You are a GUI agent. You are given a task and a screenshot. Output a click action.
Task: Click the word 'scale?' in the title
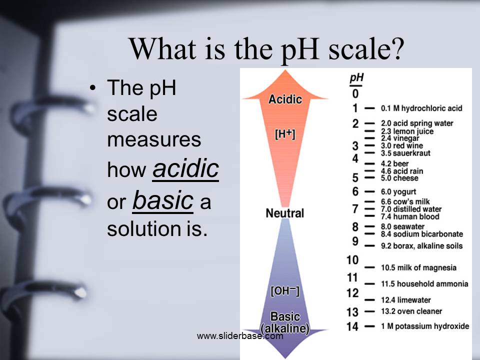(x=366, y=49)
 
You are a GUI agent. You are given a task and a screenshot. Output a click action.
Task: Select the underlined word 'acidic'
(x=185, y=168)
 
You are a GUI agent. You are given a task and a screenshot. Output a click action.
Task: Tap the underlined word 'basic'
(x=163, y=200)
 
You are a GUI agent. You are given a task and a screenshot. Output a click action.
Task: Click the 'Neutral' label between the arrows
(x=284, y=213)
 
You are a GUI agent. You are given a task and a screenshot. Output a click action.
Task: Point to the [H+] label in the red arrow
(x=285, y=134)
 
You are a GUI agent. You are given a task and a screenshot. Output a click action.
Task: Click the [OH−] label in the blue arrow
(x=285, y=291)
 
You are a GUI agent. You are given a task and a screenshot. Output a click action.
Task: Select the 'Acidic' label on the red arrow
(x=285, y=99)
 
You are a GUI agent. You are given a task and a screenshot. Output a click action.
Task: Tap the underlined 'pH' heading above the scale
(x=356, y=78)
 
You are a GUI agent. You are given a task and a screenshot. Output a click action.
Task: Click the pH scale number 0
(x=355, y=93)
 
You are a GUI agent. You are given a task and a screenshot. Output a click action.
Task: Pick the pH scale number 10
(x=352, y=260)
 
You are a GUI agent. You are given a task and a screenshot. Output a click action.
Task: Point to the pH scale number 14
(x=352, y=326)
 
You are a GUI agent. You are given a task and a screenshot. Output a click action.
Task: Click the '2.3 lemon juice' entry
(x=407, y=131)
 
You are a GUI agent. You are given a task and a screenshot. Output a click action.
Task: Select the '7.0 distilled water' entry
(x=411, y=209)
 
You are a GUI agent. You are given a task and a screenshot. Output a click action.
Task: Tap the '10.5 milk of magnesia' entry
(x=418, y=267)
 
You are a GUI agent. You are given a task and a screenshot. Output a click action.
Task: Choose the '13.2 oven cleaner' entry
(x=411, y=311)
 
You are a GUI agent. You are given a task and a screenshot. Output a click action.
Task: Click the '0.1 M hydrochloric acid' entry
(x=421, y=108)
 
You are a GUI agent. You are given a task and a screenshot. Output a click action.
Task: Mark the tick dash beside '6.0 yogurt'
(x=369, y=191)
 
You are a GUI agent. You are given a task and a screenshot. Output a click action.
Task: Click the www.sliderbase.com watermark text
(x=240, y=336)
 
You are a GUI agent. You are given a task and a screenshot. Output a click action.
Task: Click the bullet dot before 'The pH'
(x=93, y=88)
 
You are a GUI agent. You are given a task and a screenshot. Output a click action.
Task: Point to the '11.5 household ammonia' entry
(x=424, y=284)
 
